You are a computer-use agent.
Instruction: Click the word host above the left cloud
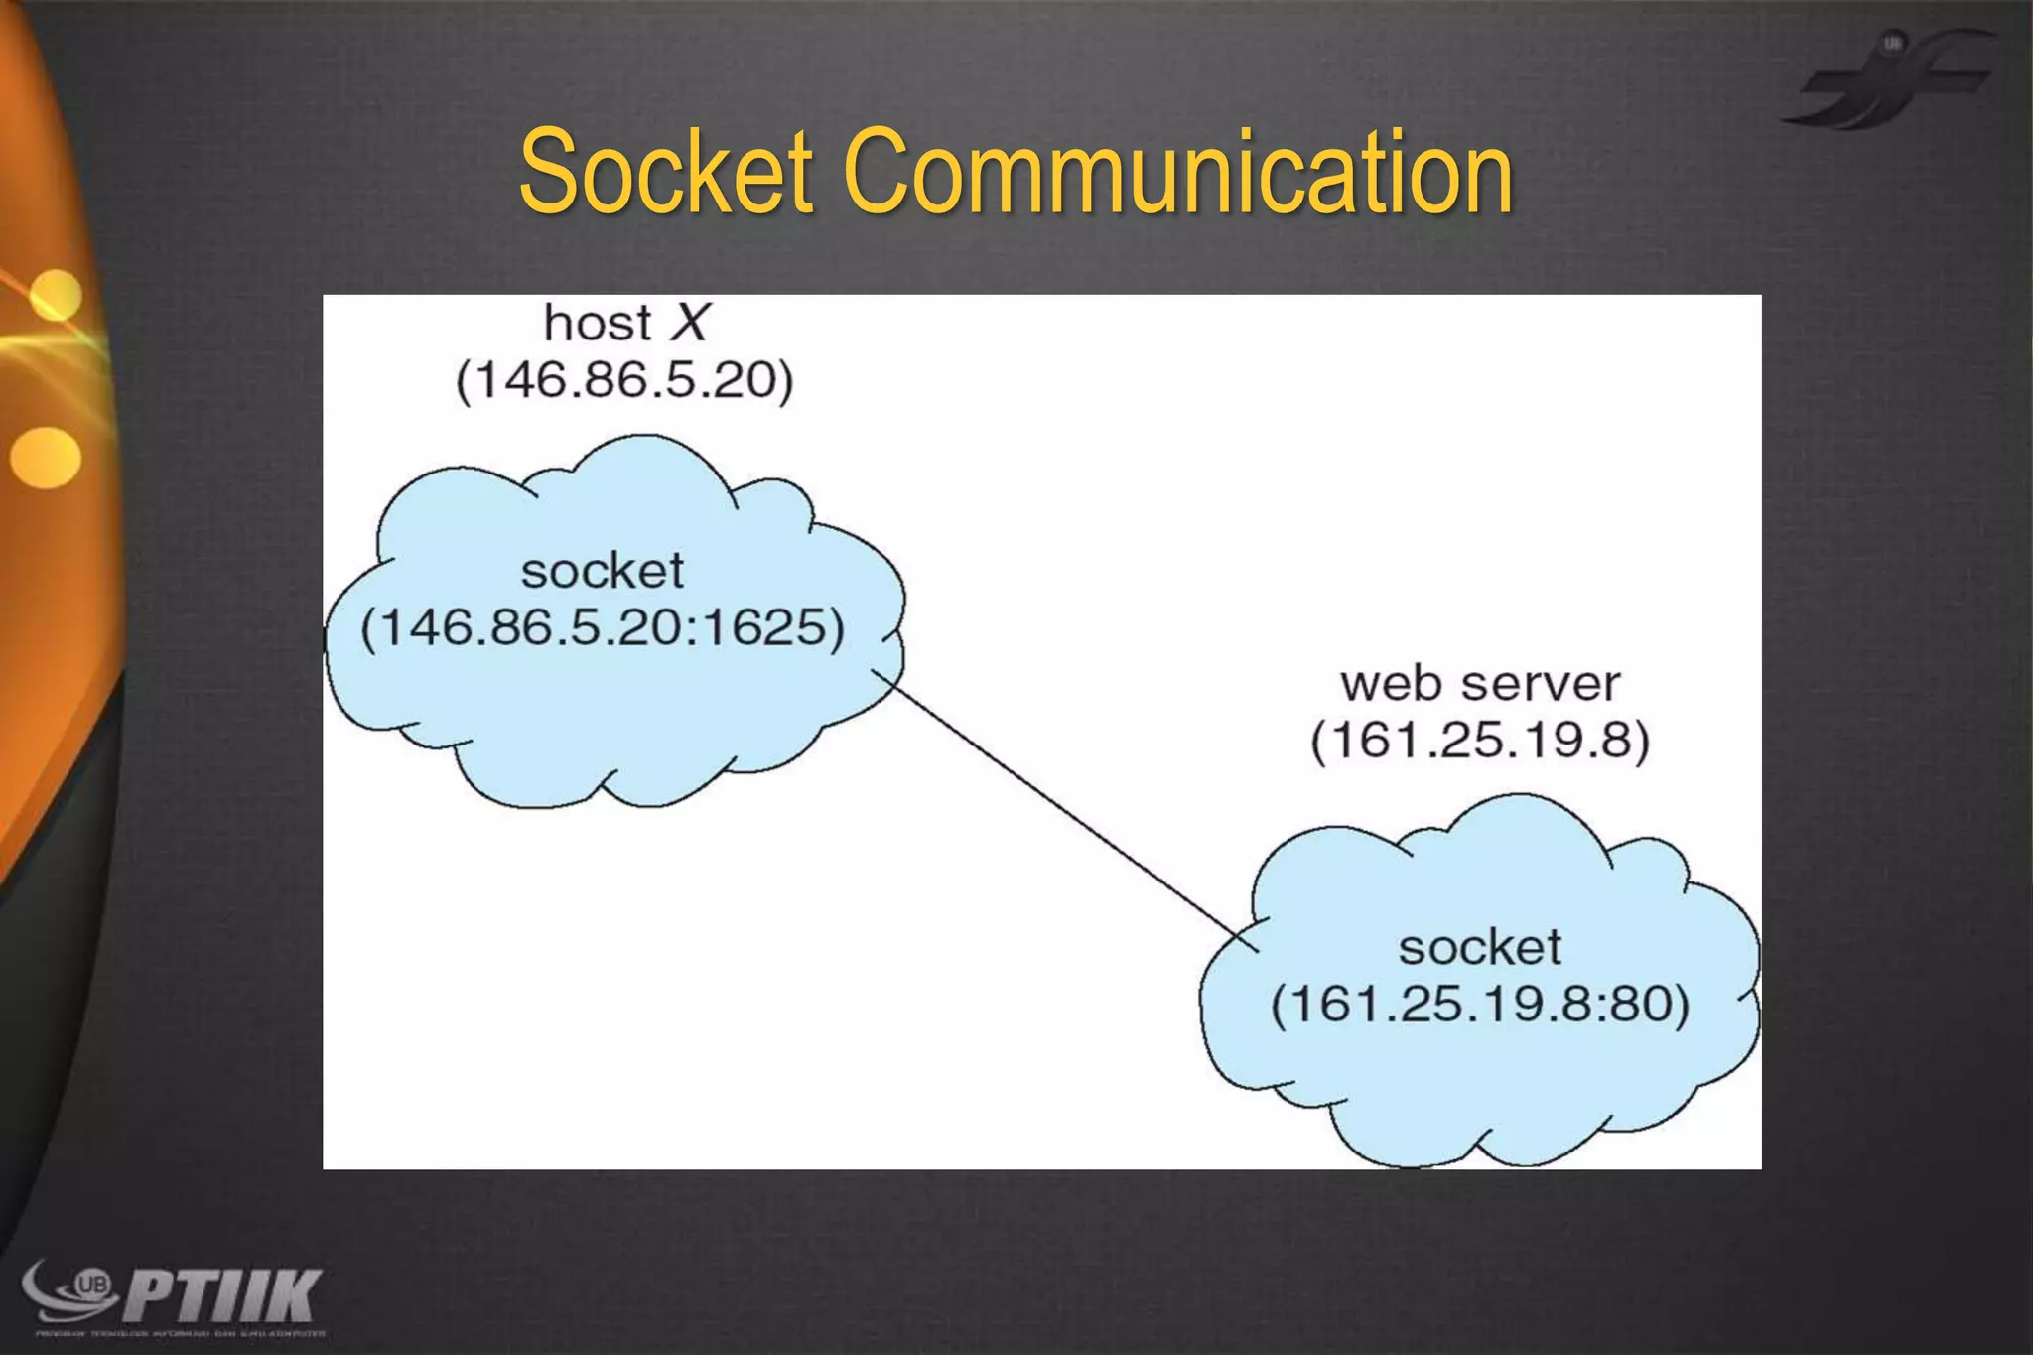pyautogui.click(x=598, y=324)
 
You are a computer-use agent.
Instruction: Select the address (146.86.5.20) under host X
pyautogui.click(x=624, y=381)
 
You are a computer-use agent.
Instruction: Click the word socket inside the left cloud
pyautogui.click(x=603, y=571)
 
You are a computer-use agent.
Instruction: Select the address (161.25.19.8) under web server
pyautogui.click(x=1479, y=741)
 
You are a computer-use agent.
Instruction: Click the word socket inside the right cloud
pyautogui.click(x=1479, y=947)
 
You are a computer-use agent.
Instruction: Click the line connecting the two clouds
pyautogui.click(x=1062, y=809)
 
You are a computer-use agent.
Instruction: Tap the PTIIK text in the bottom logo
pyautogui.click(x=223, y=1294)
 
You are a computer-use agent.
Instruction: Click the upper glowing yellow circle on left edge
pyautogui.click(x=55, y=295)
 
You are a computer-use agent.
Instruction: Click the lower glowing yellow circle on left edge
pyautogui.click(x=46, y=458)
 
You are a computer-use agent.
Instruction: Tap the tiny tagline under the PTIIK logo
pyautogui.click(x=179, y=1333)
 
